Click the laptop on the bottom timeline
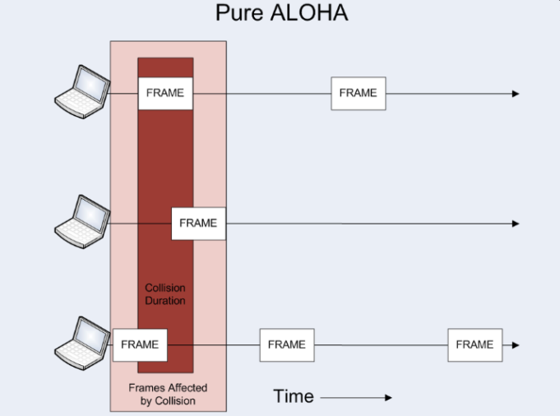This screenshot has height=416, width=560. (x=81, y=340)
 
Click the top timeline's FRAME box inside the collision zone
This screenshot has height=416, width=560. (x=165, y=93)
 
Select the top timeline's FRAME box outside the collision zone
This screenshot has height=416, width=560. (x=358, y=93)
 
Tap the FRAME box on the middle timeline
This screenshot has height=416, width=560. (x=198, y=223)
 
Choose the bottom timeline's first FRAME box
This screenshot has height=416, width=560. (x=140, y=344)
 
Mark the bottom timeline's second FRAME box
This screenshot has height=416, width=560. (x=287, y=344)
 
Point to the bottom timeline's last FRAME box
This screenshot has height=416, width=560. (x=474, y=344)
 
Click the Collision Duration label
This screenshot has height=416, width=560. (x=165, y=294)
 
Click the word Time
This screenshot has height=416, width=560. (x=294, y=397)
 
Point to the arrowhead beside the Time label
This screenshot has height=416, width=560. (x=387, y=398)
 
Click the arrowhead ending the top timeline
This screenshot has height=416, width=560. (x=515, y=94)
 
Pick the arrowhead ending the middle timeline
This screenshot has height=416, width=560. (x=515, y=224)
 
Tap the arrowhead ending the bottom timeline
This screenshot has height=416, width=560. (x=515, y=345)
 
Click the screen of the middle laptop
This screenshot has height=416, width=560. (x=89, y=211)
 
